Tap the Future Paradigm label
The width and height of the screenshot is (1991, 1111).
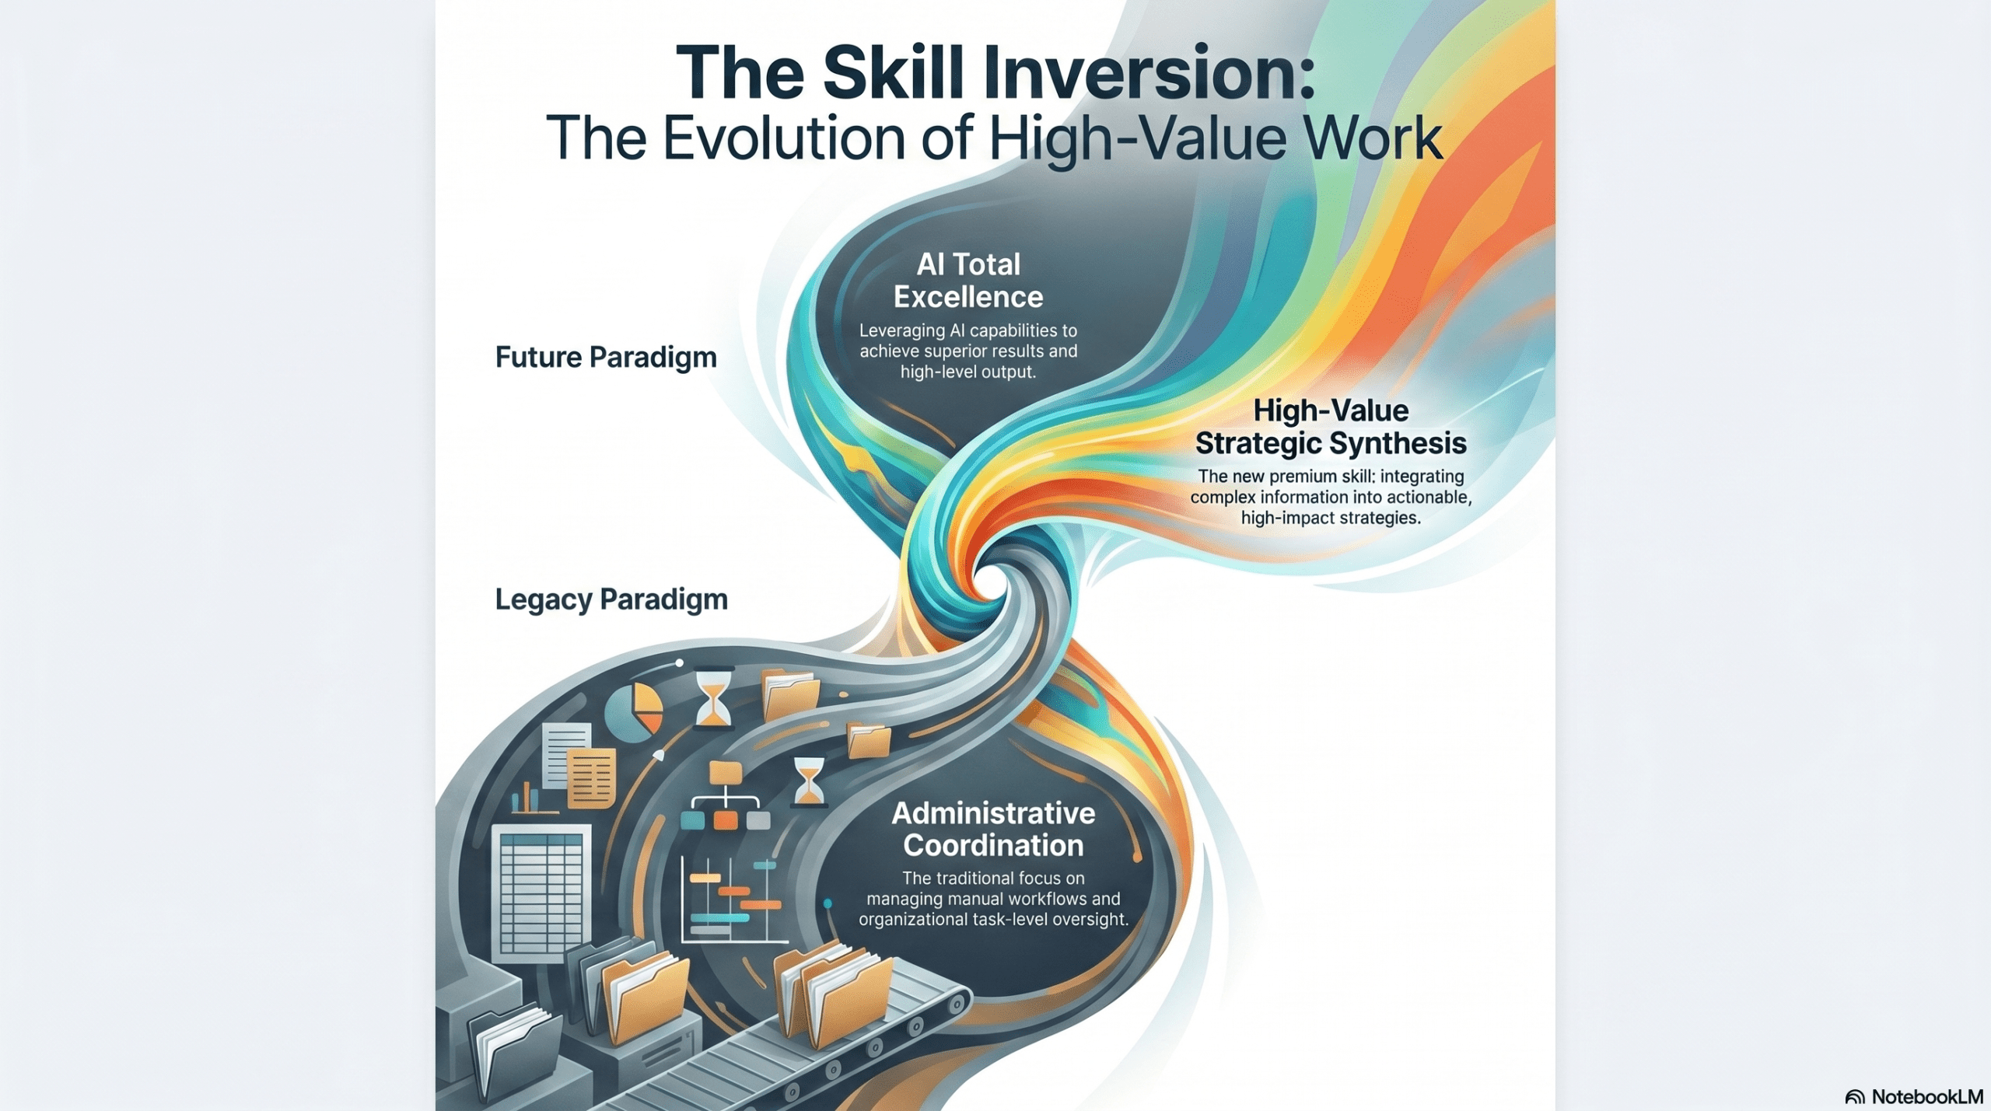click(606, 358)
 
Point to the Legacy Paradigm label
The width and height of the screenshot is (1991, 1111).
click(611, 599)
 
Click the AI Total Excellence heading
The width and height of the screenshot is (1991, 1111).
click(968, 281)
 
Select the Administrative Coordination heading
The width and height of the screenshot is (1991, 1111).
click(993, 829)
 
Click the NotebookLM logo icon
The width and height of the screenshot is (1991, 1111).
click(1855, 1097)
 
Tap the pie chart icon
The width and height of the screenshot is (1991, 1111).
click(633, 711)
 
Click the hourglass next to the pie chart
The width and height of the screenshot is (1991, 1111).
click(712, 700)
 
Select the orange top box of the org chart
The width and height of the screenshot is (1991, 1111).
click(726, 772)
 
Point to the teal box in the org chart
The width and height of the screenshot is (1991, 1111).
click(692, 819)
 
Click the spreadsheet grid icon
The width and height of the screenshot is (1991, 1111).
click(541, 893)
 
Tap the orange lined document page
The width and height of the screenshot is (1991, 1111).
click(592, 778)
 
